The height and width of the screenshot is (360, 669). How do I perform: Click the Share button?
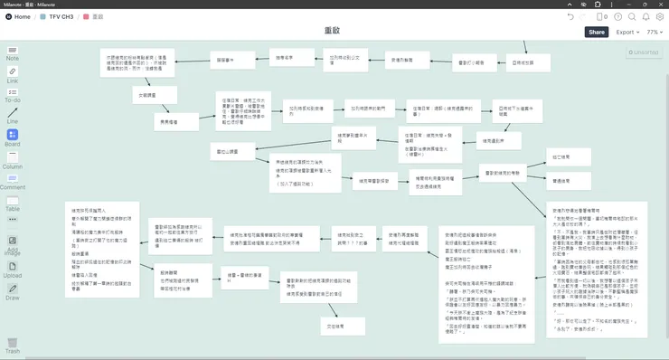pyautogui.click(x=597, y=33)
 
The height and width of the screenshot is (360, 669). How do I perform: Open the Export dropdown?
pyautogui.click(x=627, y=33)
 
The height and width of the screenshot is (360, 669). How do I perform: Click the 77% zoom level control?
pyautogui.click(x=655, y=33)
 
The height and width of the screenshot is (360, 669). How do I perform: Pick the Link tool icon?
pyautogui.click(x=13, y=73)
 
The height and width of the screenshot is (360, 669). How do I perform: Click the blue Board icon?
pyautogui.click(x=13, y=135)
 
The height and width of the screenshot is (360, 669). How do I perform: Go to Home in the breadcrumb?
pyautogui.click(x=17, y=17)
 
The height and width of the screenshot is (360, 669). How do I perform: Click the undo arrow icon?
pyautogui.click(x=570, y=17)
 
